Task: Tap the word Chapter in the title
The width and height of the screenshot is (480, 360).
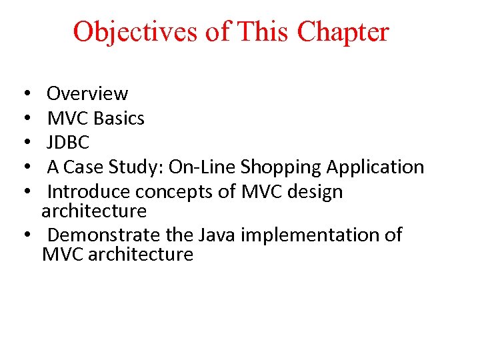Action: click(343, 31)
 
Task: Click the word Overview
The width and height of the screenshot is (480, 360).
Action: click(87, 94)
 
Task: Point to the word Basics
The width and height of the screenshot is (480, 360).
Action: click(119, 119)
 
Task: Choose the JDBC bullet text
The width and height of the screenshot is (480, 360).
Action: click(68, 143)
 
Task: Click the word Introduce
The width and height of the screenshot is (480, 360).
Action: click(89, 192)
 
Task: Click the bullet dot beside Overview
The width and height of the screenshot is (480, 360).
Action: click(25, 94)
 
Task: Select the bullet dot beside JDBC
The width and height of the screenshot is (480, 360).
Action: click(25, 143)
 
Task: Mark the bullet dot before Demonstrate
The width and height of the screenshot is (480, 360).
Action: click(25, 235)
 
